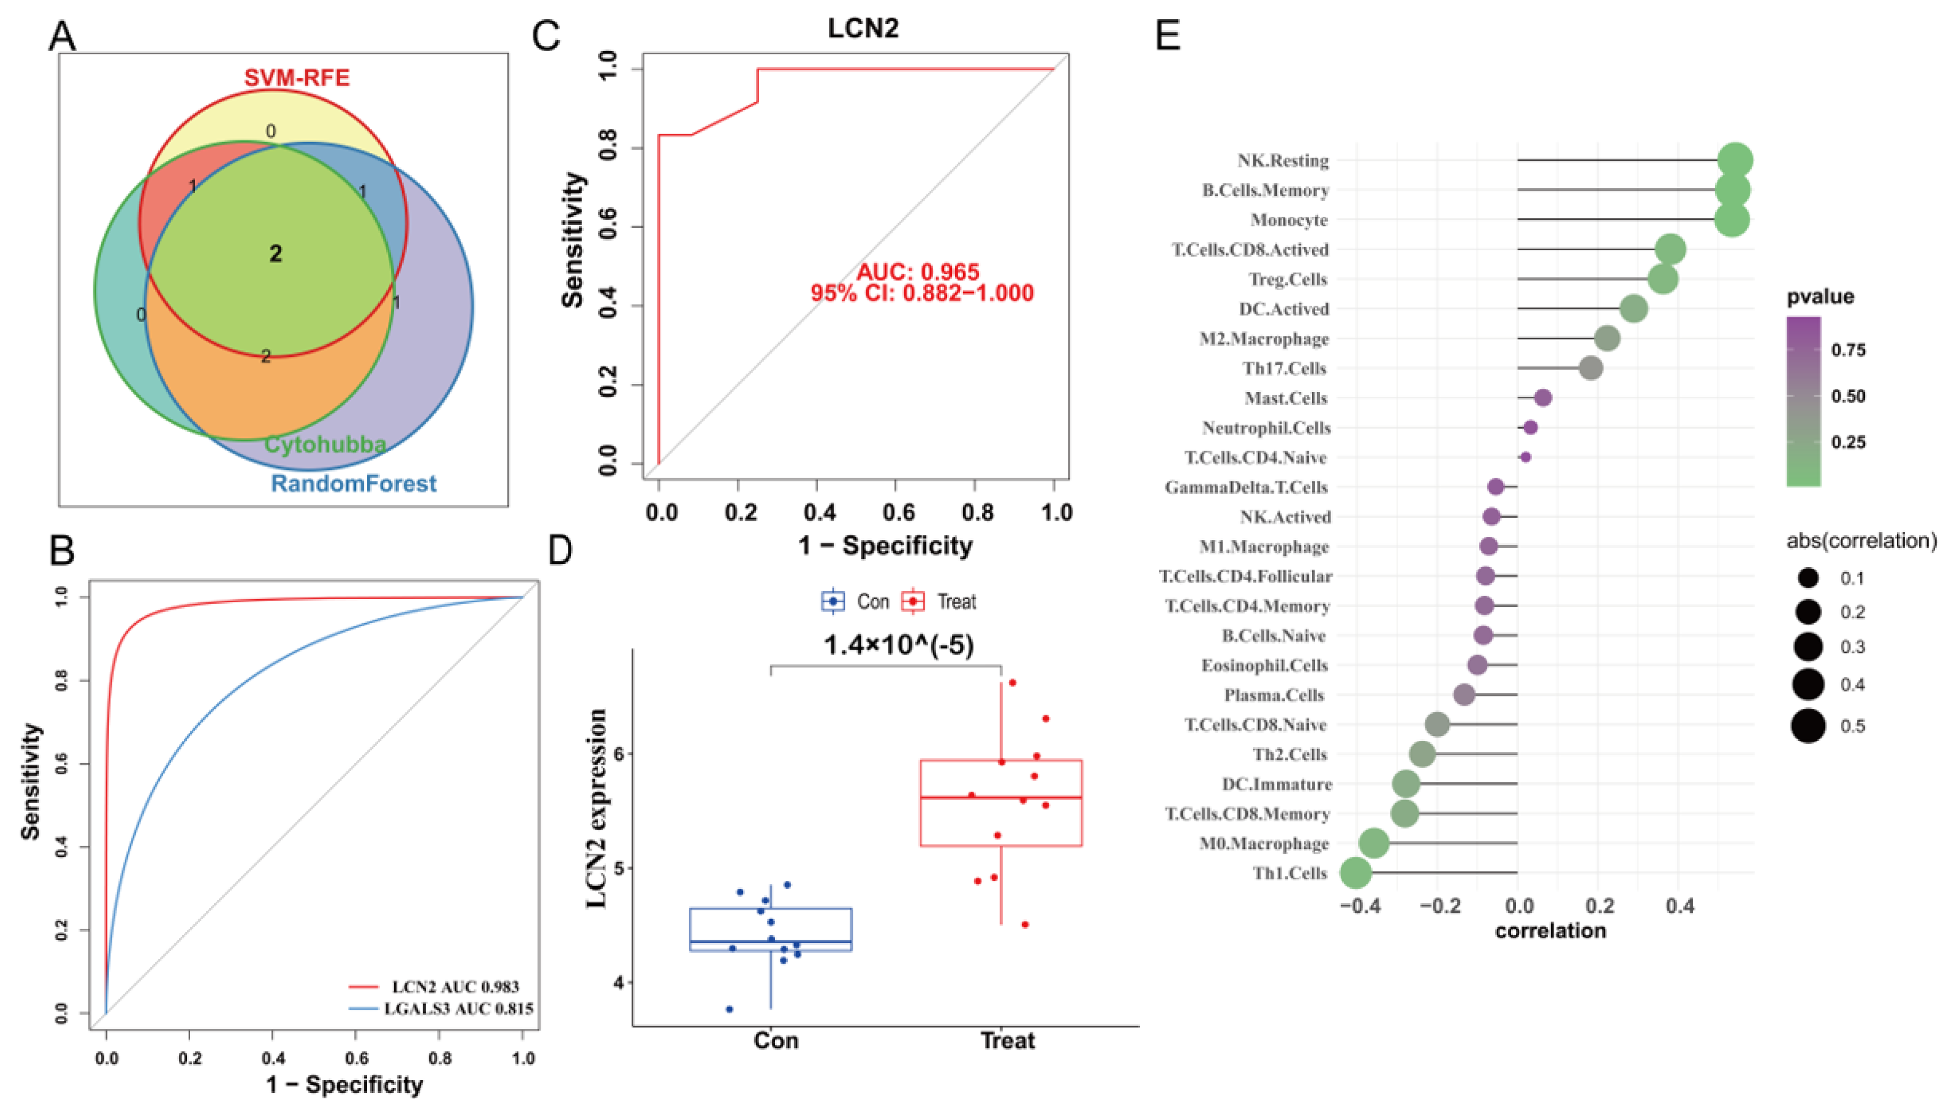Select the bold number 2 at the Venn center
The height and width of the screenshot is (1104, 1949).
coord(276,254)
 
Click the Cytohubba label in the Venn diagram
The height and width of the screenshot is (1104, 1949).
coord(324,444)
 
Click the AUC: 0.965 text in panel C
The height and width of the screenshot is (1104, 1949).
coord(918,272)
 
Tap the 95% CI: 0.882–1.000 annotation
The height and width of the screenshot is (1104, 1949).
coord(922,293)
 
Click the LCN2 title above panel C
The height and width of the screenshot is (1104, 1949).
coord(863,29)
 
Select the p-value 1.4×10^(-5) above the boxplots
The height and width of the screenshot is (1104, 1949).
coord(899,645)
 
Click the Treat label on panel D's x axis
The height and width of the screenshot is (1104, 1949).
coord(1008,1040)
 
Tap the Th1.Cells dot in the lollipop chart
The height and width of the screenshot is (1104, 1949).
coord(1356,873)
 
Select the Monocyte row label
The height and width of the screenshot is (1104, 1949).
coord(1289,220)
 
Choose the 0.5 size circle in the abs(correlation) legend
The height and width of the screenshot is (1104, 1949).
coord(1809,726)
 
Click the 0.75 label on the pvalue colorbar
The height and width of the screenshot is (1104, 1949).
coord(1848,350)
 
